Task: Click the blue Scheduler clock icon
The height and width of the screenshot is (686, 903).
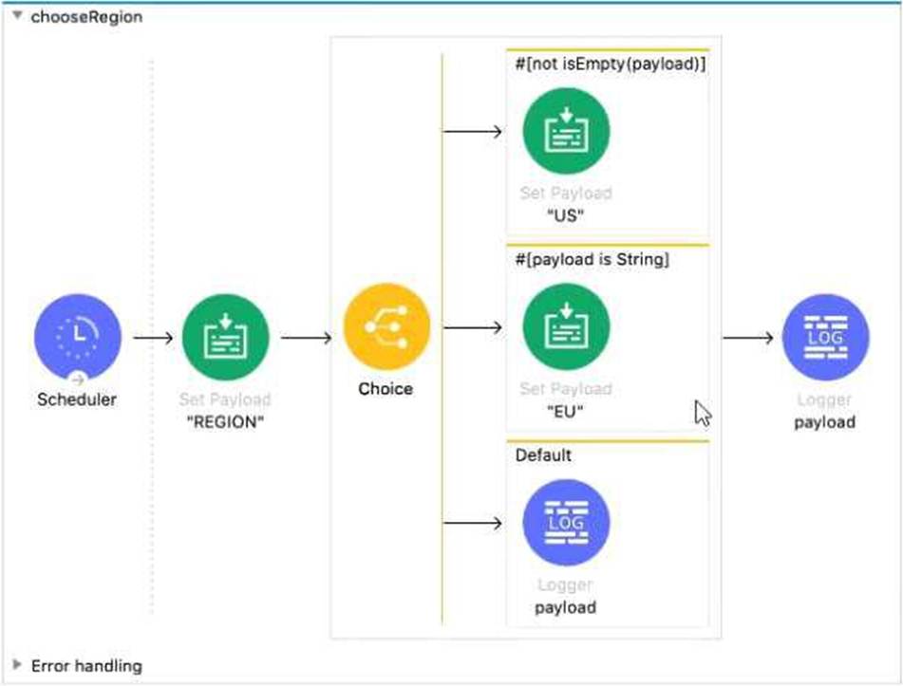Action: [78, 338]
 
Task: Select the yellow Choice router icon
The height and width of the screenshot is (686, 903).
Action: [386, 328]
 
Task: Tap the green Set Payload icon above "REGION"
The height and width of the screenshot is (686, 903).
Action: [225, 338]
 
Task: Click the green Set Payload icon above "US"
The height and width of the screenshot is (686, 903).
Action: [566, 132]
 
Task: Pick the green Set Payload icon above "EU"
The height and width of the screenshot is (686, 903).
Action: [566, 327]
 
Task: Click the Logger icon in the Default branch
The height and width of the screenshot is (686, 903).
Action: [566, 523]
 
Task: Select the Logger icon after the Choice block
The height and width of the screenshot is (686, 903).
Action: [825, 338]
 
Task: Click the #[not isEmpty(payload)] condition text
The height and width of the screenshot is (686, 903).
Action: [609, 65]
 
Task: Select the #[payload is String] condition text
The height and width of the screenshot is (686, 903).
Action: [592, 260]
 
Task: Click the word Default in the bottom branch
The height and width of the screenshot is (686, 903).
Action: [543, 455]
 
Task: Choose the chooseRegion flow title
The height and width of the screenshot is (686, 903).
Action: [86, 16]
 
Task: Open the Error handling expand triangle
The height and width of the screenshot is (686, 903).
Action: [17, 665]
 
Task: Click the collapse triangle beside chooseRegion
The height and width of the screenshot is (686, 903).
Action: [16, 16]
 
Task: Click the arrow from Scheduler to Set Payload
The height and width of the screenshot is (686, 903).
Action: [153, 338]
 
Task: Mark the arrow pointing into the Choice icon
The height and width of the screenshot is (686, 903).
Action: [306, 338]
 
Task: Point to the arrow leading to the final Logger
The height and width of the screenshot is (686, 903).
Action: [747, 338]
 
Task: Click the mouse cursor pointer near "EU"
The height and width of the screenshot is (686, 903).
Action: [703, 412]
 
